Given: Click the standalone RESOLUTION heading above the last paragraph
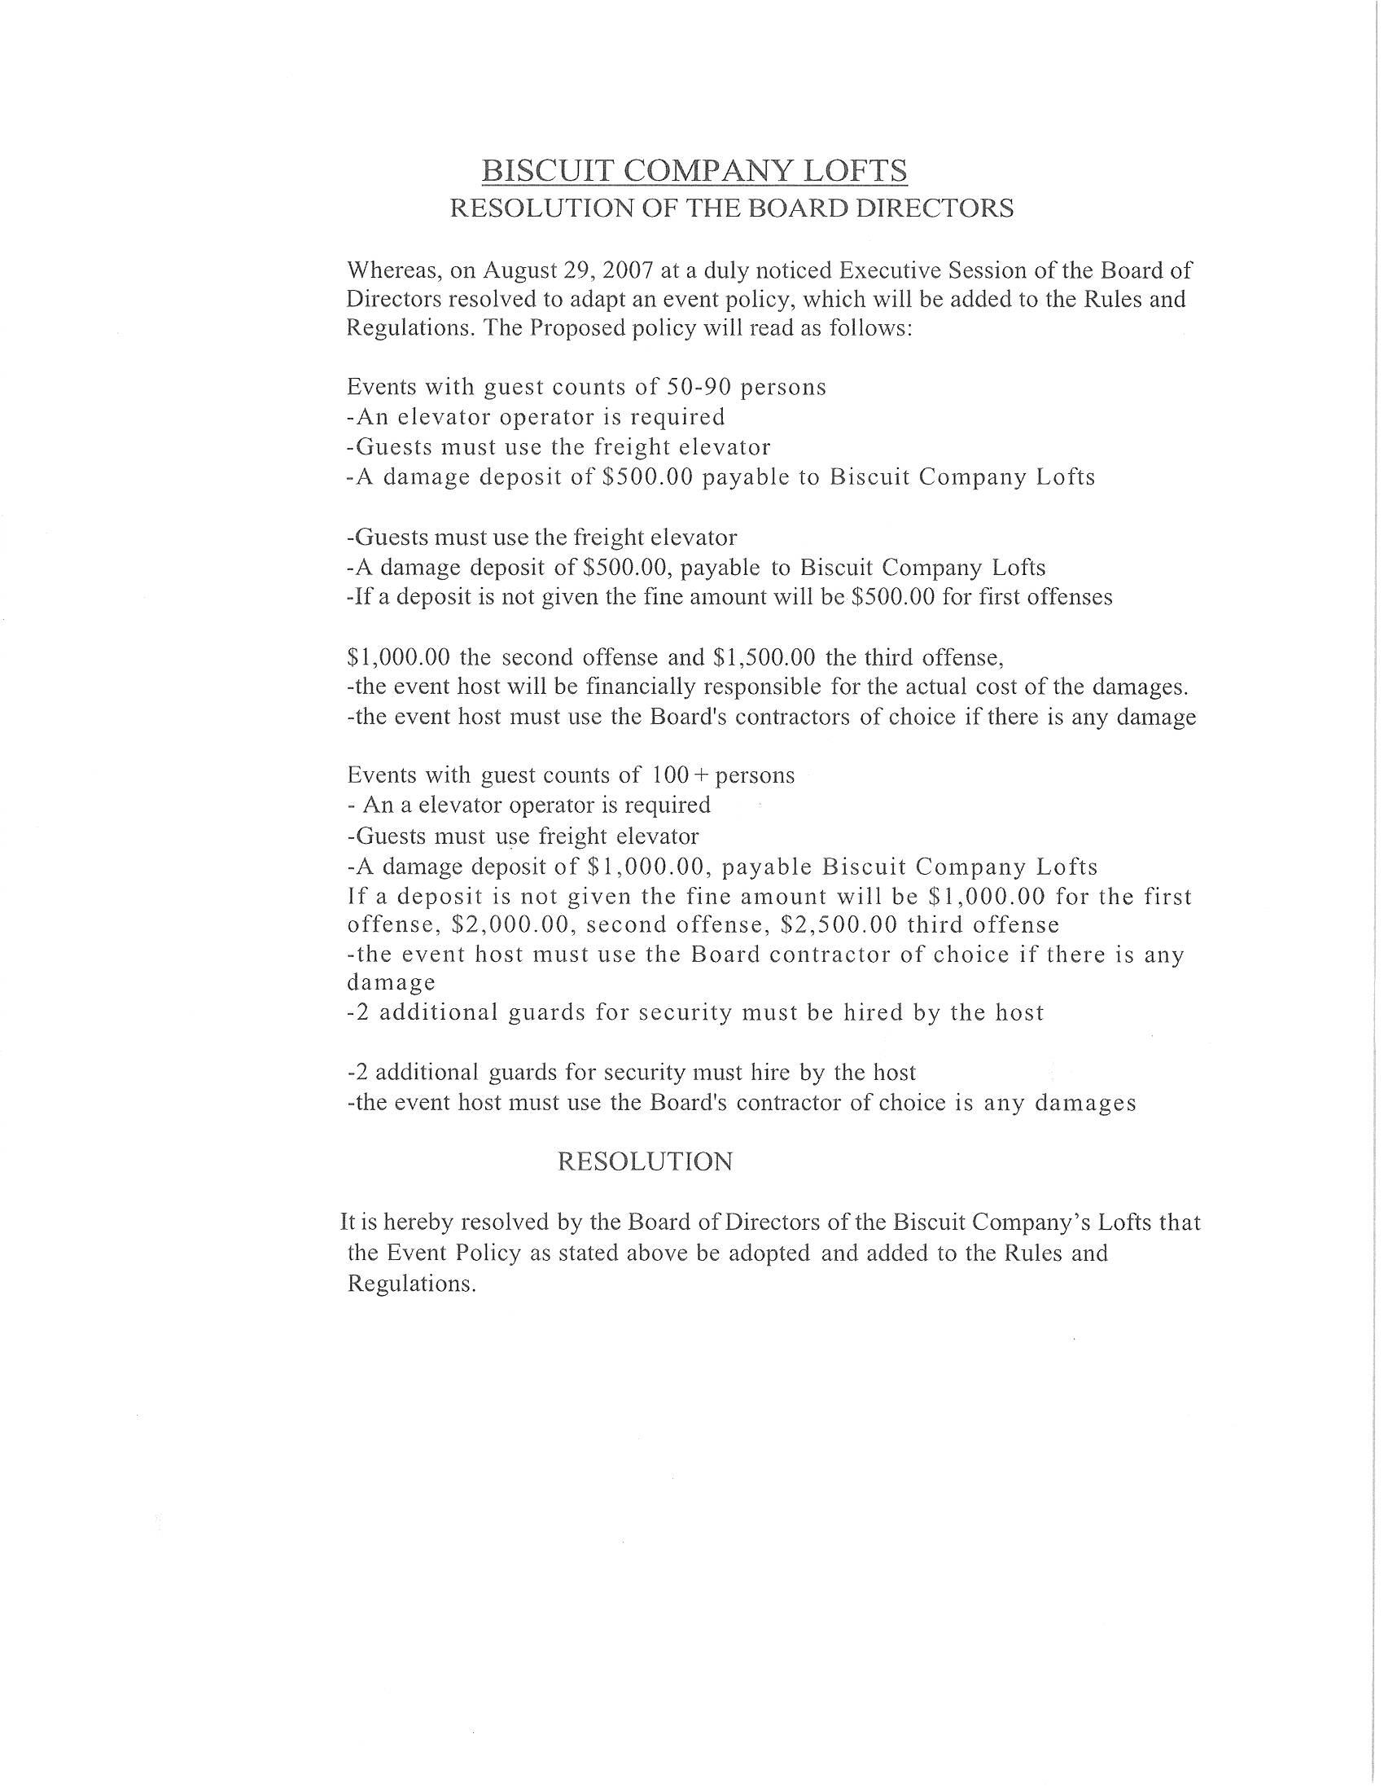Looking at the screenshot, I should pos(645,1162).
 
